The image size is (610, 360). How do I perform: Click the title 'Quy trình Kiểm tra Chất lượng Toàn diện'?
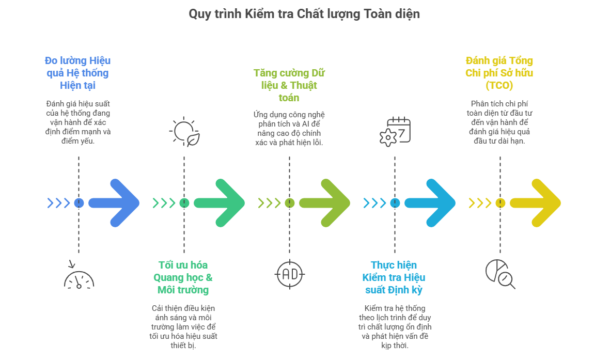[x=304, y=14]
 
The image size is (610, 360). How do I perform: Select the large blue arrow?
[x=116, y=203]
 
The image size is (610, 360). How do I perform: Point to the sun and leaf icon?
[x=184, y=132]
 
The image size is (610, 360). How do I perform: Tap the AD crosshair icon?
[x=289, y=273]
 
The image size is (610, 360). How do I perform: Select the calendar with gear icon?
[x=395, y=132]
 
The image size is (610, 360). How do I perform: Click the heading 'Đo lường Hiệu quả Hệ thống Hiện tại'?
[x=78, y=73]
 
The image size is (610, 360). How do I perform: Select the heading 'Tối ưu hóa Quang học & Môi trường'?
[x=183, y=277]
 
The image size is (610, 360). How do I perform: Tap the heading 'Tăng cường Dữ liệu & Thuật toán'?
[x=289, y=85]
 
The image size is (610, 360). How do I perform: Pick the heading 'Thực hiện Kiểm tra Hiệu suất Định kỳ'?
[x=394, y=277]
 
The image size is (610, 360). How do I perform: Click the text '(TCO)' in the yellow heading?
[x=499, y=85]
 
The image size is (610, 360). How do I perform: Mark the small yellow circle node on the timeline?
[x=499, y=203]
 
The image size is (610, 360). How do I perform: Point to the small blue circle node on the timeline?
[x=79, y=203]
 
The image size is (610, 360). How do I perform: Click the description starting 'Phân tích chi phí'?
[x=499, y=122]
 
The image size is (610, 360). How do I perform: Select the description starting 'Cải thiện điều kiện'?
[x=183, y=326]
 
